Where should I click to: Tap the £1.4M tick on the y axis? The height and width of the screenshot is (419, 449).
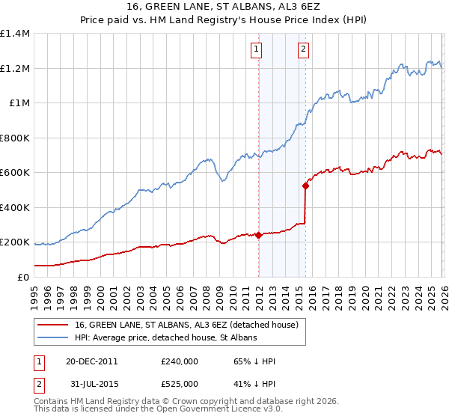[x=15, y=34]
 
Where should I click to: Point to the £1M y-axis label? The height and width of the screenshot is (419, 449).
[x=19, y=103]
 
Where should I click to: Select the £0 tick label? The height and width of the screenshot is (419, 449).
[x=24, y=277]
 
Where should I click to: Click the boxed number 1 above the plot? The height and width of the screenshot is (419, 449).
[x=256, y=50]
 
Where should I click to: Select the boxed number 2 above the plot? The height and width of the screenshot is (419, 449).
[x=303, y=50]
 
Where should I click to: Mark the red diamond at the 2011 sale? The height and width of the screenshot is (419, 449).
[x=258, y=235]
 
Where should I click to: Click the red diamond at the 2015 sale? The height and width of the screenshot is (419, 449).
[x=305, y=186]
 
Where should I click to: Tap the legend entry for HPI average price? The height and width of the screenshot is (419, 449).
[x=165, y=338]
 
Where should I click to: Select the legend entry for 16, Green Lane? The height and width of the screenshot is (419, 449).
[x=186, y=325]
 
